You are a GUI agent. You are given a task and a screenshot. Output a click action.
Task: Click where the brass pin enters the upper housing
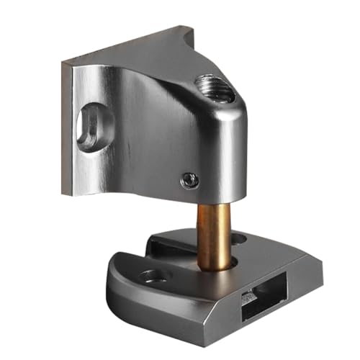(213, 204)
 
